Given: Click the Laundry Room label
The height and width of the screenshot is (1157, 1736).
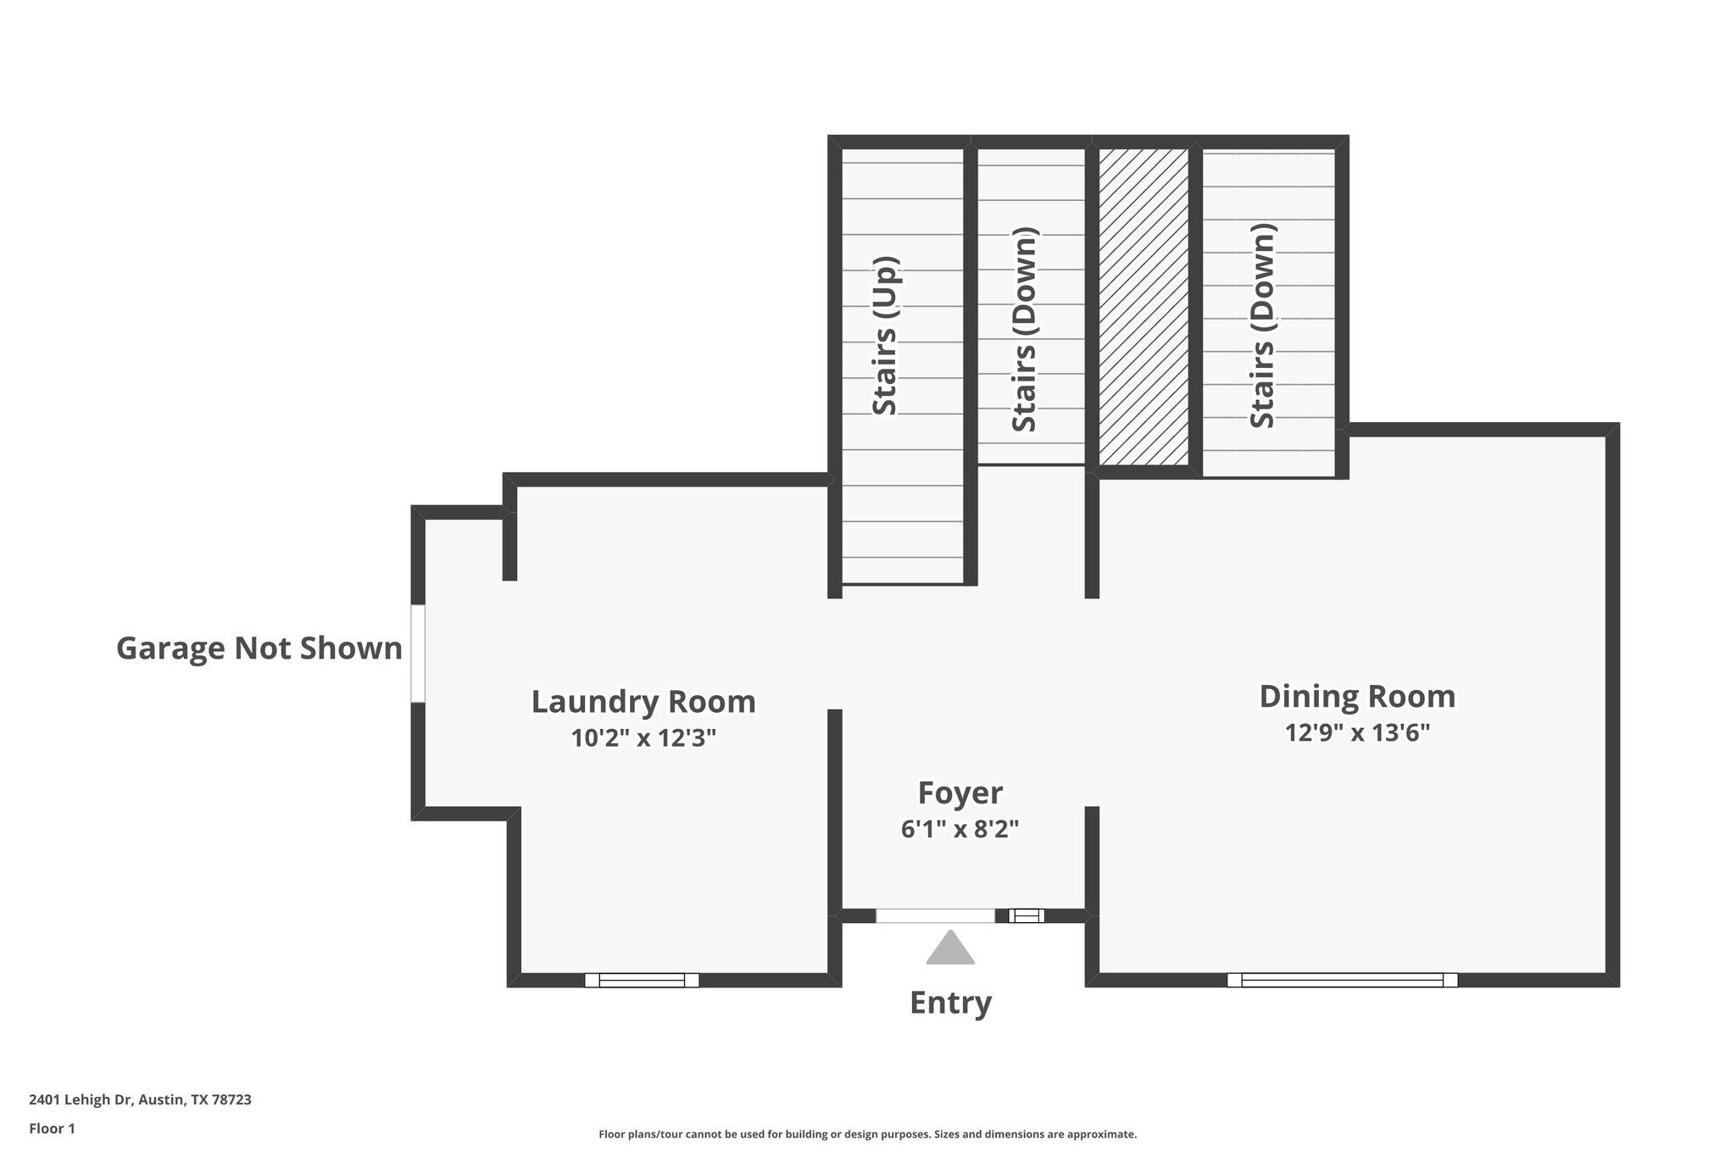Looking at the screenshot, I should [643, 702].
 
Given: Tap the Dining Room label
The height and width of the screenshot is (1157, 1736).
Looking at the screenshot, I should [1357, 696].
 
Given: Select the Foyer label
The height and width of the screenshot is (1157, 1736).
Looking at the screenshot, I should [960, 793].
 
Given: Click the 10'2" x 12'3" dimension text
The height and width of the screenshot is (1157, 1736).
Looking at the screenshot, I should [643, 738].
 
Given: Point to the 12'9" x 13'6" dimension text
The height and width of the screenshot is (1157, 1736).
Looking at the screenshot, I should [1357, 732].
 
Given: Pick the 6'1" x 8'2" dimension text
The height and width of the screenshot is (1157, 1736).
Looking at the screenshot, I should [960, 829].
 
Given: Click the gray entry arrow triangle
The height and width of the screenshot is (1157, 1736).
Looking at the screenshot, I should [950, 948].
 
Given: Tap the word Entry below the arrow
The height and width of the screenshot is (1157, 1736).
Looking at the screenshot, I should [950, 1003].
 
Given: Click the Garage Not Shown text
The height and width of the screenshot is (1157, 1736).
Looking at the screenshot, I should [259, 648].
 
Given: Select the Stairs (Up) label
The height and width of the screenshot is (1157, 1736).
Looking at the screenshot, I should [885, 337].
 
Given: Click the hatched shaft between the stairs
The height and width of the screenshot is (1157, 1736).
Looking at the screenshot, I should [1143, 307].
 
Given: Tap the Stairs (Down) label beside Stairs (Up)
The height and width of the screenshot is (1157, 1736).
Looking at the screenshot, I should [1025, 330].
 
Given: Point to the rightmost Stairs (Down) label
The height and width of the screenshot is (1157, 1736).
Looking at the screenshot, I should [1262, 326].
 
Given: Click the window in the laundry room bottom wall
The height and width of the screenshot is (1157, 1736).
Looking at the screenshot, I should [642, 980].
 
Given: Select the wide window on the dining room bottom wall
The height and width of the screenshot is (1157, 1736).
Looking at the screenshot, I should [1342, 980].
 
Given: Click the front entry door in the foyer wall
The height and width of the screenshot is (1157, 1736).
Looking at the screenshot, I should [935, 915].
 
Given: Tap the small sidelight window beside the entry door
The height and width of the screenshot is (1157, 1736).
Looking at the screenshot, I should [1026, 915].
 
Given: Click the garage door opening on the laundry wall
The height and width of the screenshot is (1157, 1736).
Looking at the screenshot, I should [417, 654].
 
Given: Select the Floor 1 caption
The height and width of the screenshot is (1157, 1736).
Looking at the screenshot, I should [52, 1128].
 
